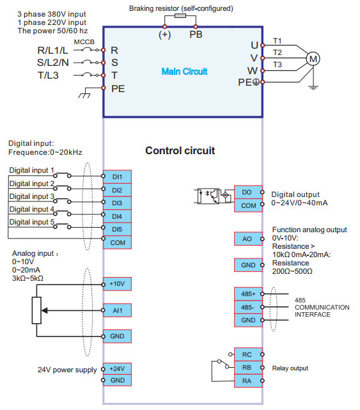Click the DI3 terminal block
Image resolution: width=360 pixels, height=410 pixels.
[x=118, y=203]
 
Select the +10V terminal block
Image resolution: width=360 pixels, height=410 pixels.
[x=118, y=284]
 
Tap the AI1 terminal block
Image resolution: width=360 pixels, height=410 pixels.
[x=118, y=310]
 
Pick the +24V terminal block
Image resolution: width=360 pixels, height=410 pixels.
[x=118, y=368]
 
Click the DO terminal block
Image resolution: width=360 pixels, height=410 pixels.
[x=248, y=192]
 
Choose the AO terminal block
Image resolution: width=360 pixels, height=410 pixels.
[x=248, y=239]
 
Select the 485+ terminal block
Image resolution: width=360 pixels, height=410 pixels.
[x=248, y=294]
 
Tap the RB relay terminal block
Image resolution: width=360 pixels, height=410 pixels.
[x=248, y=368]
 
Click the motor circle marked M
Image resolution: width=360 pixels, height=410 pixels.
[x=313, y=59]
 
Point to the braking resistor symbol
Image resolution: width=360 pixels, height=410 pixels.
[x=180, y=16]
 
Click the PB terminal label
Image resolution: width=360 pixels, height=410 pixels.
[x=196, y=35]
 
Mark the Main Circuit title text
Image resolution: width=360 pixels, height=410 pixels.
[x=184, y=72]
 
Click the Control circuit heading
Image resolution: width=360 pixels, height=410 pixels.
[x=180, y=150]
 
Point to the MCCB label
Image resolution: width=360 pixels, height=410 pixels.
[x=84, y=42]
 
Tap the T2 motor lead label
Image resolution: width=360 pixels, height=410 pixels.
[x=278, y=52]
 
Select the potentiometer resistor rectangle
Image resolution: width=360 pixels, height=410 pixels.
[x=36, y=310]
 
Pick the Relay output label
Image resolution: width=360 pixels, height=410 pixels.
[x=290, y=368]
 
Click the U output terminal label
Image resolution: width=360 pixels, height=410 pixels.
[x=254, y=45]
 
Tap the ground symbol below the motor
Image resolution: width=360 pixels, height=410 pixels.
[x=313, y=87]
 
